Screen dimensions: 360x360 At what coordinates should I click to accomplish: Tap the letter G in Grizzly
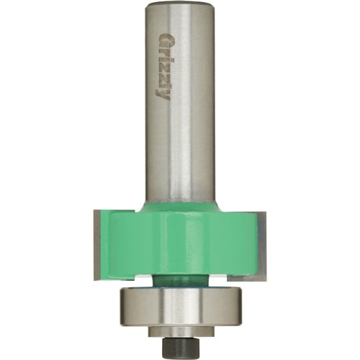(x=163, y=39)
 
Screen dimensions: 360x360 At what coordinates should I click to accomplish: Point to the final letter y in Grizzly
(x=163, y=96)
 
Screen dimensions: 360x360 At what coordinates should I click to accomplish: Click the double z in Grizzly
(x=163, y=72)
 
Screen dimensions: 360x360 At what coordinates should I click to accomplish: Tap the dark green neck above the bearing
(x=180, y=281)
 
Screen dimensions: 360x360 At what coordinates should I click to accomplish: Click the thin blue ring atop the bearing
(x=180, y=289)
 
